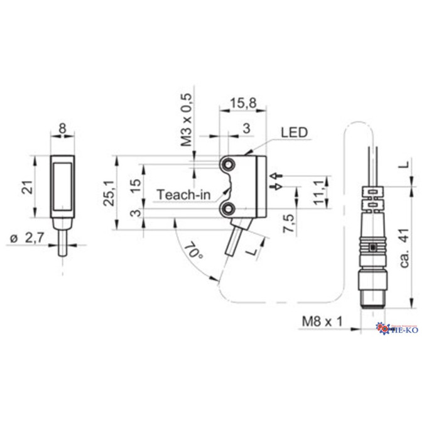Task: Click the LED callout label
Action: (x=294, y=133)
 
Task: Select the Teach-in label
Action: (x=183, y=194)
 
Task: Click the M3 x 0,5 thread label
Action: (x=187, y=119)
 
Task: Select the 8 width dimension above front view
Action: (x=62, y=129)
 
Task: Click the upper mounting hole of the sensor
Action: (x=227, y=164)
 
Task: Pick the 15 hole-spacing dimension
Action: (x=134, y=186)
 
